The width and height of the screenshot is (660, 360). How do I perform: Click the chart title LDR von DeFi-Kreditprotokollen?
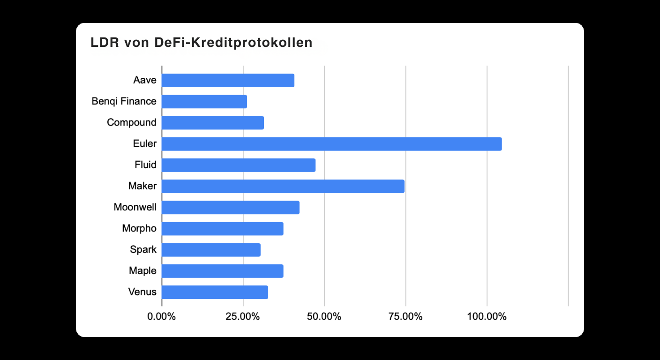(x=202, y=43)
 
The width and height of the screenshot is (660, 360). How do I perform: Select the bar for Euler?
(x=332, y=144)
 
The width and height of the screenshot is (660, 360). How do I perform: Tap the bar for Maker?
(x=283, y=186)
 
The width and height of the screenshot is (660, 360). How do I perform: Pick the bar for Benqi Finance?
(x=204, y=102)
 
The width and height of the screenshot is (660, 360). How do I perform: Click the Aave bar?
(x=228, y=80)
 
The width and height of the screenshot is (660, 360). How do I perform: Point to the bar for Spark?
(x=211, y=250)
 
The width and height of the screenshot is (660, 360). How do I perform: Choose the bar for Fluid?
(x=239, y=165)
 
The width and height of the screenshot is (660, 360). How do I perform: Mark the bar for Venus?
(x=215, y=292)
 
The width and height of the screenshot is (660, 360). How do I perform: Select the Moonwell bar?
(x=231, y=208)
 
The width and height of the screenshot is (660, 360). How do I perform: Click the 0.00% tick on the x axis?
(x=162, y=316)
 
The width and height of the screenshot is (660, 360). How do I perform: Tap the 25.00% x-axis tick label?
(x=243, y=316)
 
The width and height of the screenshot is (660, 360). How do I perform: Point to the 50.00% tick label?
(x=324, y=316)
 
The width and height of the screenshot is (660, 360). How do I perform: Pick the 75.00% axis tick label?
(x=405, y=316)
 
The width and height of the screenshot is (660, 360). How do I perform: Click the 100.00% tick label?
(x=487, y=316)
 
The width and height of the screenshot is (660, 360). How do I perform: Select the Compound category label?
(x=132, y=122)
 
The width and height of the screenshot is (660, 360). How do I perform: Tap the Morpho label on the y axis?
(x=139, y=229)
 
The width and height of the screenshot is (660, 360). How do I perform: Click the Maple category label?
(x=142, y=271)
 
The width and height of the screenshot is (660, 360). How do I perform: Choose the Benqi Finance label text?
(x=124, y=101)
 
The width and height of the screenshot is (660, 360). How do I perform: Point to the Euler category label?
(x=145, y=144)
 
